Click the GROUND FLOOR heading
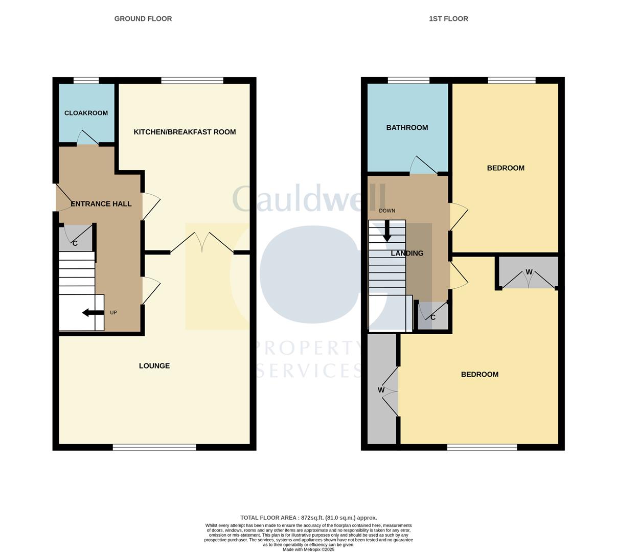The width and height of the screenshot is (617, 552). [143, 19]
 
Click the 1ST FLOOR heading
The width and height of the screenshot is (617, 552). [448, 19]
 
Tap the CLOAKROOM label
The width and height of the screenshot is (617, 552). [86, 113]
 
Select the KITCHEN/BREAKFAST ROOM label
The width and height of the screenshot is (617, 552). [185, 132]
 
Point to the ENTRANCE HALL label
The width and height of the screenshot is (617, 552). [101, 204]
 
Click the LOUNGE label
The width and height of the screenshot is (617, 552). [154, 366]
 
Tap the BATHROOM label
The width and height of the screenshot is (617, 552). [407, 128]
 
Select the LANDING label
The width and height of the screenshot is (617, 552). [407, 254]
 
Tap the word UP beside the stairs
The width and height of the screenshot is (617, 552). [113, 313]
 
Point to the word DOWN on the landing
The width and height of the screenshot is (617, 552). [387, 211]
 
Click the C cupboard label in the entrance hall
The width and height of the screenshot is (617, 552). [75, 243]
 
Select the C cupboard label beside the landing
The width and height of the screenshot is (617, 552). [433, 317]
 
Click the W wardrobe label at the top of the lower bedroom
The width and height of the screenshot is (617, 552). [529, 272]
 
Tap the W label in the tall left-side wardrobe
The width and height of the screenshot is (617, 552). [381, 390]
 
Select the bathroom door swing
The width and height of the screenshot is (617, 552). [422, 165]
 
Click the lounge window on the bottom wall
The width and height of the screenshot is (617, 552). [154, 448]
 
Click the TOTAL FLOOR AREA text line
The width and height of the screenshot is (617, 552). [308, 518]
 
